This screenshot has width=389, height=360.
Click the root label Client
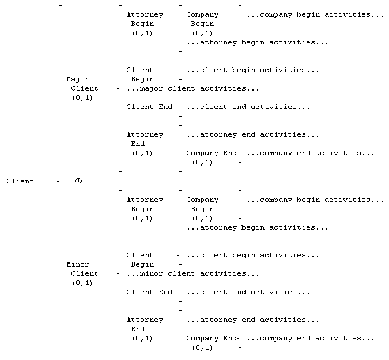(x=20, y=181)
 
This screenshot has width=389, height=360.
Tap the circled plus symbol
(x=78, y=181)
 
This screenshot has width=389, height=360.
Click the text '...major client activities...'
(x=192, y=89)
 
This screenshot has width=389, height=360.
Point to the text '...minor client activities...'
(x=192, y=274)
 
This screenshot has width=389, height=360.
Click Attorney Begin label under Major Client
(x=145, y=24)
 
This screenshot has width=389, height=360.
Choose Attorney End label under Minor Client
(x=145, y=329)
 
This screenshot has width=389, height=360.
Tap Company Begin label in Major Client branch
(x=202, y=24)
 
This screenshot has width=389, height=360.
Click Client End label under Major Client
(x=149, y=107)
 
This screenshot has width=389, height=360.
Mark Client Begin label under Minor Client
(x=140, y=260)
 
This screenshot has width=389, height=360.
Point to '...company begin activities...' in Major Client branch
(x=315, y=14)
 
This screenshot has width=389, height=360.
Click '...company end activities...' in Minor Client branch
(x=311, y=339)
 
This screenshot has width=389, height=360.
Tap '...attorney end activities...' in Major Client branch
(x=252, y=135)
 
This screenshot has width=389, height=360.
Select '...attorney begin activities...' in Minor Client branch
(x=257, y=228)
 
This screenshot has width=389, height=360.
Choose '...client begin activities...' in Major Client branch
(x=252, y=70)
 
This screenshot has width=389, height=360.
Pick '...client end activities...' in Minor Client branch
(x=248, y=292)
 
